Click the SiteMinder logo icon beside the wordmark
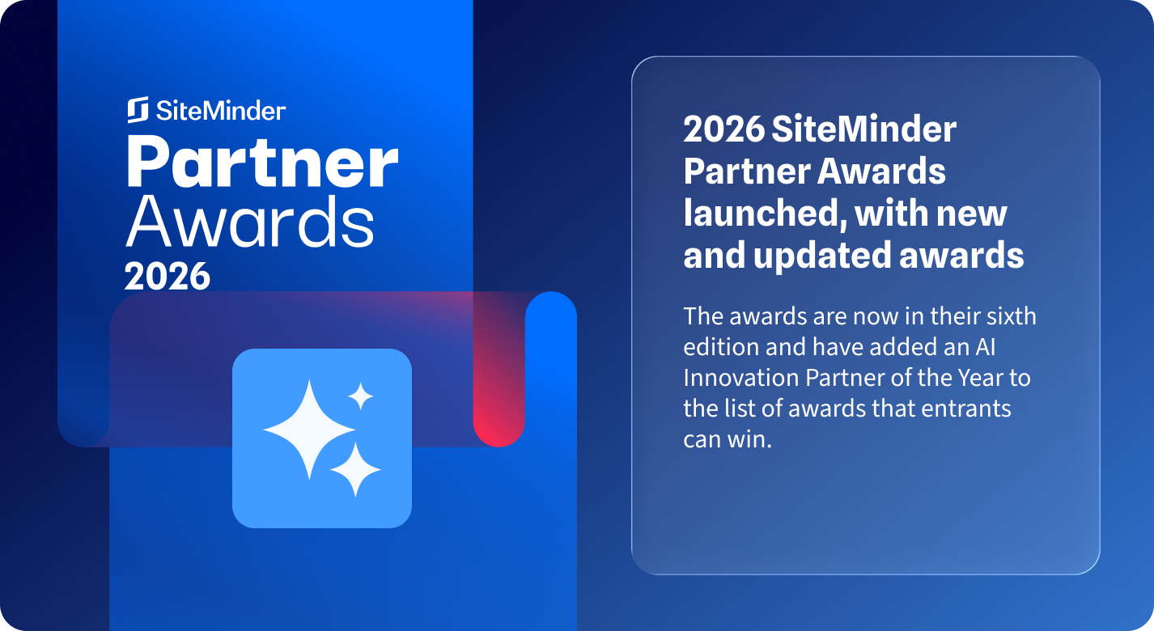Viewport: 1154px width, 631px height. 138,110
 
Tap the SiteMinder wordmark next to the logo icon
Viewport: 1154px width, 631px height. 221,111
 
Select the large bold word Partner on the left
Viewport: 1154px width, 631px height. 262,161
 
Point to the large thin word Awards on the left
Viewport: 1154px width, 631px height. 250,222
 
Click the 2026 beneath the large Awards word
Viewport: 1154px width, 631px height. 167,276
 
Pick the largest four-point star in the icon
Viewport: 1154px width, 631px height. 309,430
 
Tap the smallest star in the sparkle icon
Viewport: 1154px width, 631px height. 361,396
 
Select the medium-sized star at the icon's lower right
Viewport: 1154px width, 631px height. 355,469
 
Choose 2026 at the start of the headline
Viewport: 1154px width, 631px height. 723,129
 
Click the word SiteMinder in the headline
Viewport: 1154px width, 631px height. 864,129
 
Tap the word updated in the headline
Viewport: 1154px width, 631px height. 822,256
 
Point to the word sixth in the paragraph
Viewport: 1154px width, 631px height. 1012,315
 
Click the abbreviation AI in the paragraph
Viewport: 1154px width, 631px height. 985,347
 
